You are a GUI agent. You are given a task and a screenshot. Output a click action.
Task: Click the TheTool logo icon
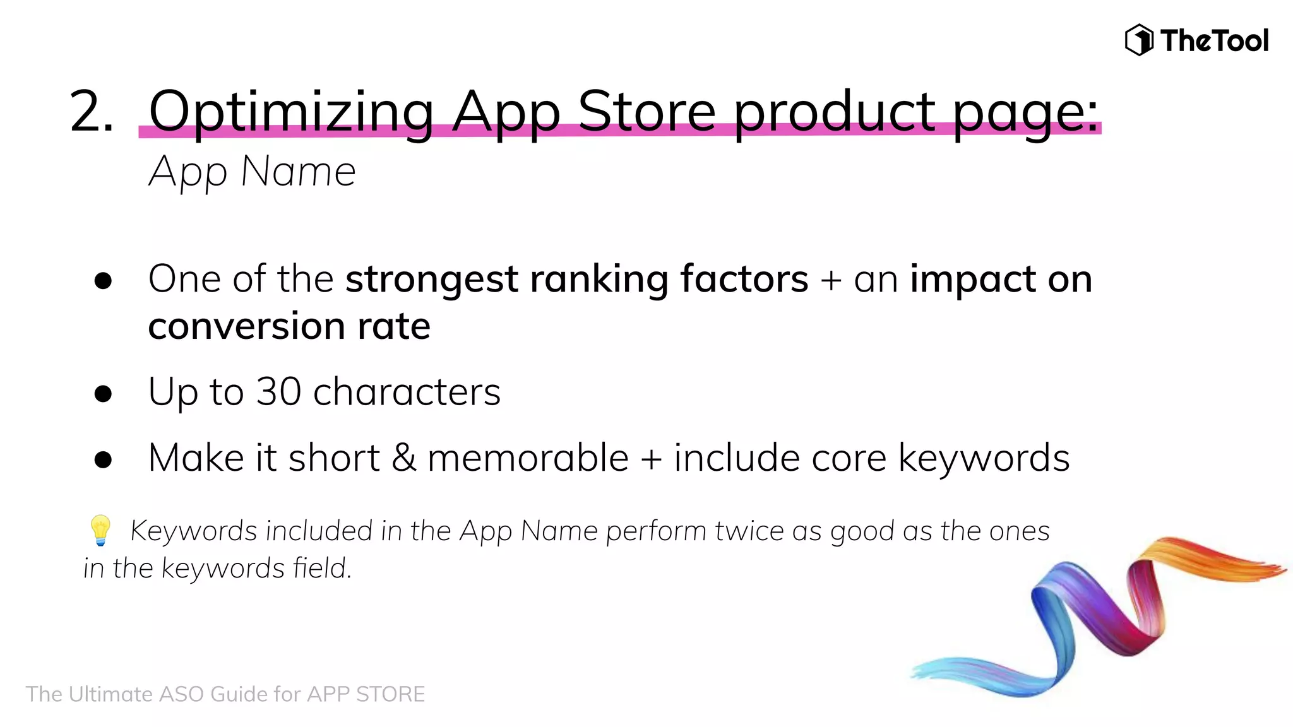coord(1139,40)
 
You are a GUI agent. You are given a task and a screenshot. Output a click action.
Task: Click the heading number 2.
coord(92,112)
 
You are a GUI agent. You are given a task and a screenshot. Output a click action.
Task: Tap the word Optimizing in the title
coord(291,112)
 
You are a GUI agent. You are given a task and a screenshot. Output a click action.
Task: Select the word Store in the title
coord(646,111)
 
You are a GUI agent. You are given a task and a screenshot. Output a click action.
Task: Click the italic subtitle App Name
coord(252,172)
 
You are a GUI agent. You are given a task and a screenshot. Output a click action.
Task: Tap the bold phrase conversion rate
coord(289,327)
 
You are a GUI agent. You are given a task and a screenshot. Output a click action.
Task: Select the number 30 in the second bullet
coord(278,392)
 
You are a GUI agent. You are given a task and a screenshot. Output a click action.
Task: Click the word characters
coord(407,392)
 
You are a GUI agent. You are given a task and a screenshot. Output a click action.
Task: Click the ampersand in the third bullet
coord(403,458)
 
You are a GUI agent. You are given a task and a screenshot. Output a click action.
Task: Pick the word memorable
coord(528,458)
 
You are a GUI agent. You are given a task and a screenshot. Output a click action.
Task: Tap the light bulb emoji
coord(100,529)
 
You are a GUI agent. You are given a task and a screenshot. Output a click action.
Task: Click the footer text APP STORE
coord(366,694)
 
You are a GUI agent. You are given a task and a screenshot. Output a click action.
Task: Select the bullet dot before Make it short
coord(103,459)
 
